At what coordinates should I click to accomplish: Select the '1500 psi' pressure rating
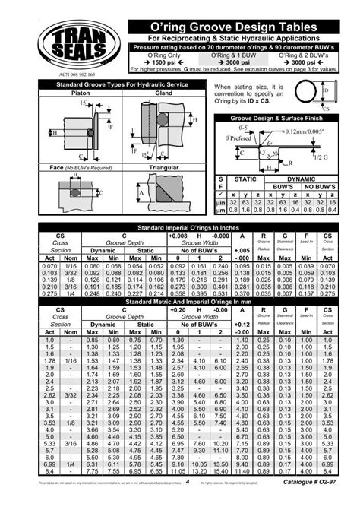[163, 63]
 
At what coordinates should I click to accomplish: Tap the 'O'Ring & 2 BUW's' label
[310, 55]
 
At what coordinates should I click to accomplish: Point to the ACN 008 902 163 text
[75, 76]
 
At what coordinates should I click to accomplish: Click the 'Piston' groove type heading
[81, 93]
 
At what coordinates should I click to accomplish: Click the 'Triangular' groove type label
[163, 166]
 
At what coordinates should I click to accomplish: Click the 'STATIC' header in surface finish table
[246, 179]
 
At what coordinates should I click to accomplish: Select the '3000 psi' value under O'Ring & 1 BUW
[238, 63]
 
